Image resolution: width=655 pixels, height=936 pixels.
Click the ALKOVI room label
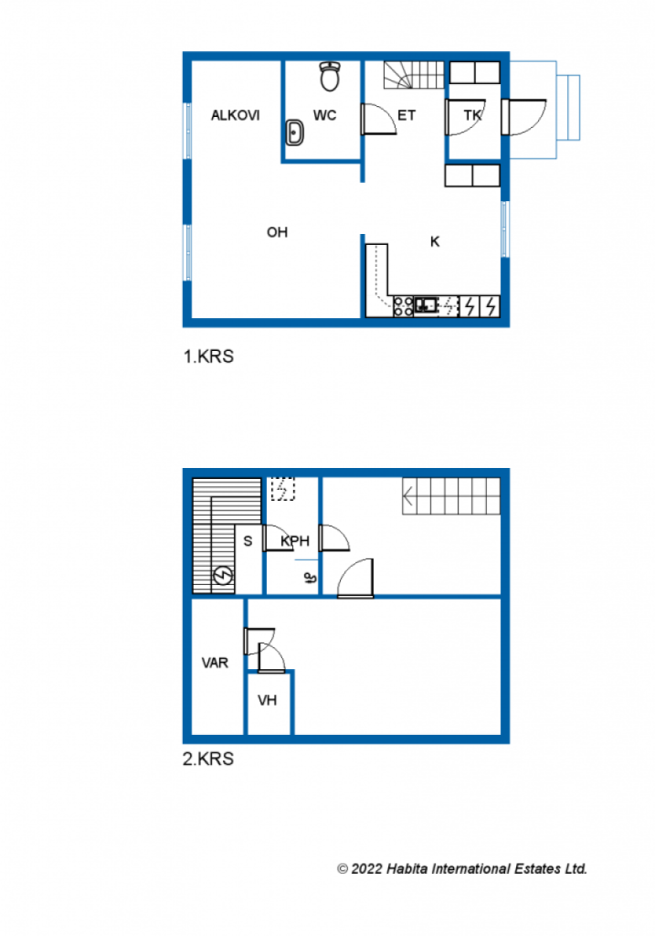(x=235, y=115)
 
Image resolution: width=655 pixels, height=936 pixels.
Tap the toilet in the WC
(x=330, y=76)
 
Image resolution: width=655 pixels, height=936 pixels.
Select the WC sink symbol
(x=295, y=133)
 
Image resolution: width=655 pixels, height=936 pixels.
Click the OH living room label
(x=277, y=232)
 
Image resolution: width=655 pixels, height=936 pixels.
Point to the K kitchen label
(x=435, y=241)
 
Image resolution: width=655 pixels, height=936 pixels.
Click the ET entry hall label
(x=407, y=115)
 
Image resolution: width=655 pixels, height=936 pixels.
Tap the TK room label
(x=472, y=115)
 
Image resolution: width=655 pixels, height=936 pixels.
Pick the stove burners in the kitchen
(x=403, y=306)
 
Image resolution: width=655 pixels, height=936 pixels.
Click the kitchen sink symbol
(x=426, y=305)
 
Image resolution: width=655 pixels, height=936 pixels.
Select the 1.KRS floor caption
(x=208, y=356)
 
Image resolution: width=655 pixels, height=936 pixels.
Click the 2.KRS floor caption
(x=208, y=759)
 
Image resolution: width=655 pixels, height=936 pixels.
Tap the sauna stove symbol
(x=223, y=576)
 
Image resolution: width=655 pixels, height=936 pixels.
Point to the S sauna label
(x=248, y=541)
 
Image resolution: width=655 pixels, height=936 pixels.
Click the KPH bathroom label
(x=295, y=541)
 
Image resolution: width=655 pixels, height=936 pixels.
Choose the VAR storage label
(x=215, y=663)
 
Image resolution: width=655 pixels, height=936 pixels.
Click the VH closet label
(x=268, y=700)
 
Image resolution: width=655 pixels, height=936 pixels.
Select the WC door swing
(x=378, y=119)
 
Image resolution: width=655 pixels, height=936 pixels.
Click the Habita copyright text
(x=462, y=868)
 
